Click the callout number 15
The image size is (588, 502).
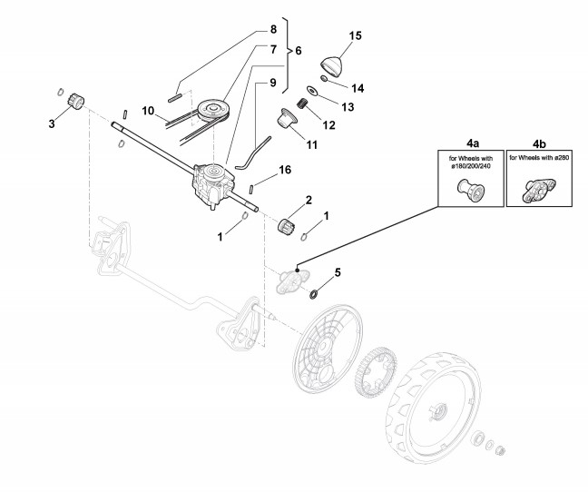click(x=356, y=35)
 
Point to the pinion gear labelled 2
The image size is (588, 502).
click(x=289, y=224)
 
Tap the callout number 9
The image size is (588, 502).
click(x=271, y=83)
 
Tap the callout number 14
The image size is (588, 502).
click(x=358, y=88)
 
